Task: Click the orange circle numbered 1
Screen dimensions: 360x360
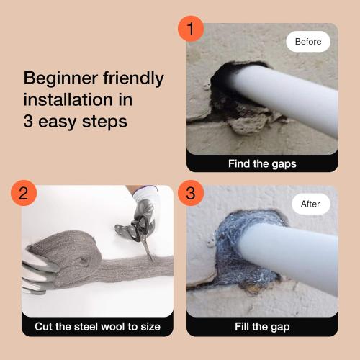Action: tap(191, 29)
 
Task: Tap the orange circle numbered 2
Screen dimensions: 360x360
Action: tap(24, 192)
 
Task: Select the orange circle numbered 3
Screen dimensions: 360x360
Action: tap(191, 192)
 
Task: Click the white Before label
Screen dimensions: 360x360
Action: tap(308, 42)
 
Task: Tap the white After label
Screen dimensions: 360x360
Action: tap(310, 204)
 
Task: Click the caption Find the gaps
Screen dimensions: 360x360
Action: tap(262, 163)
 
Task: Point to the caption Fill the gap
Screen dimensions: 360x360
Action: tap(262, 327)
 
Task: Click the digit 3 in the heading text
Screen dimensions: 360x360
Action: tap(30, 121)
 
